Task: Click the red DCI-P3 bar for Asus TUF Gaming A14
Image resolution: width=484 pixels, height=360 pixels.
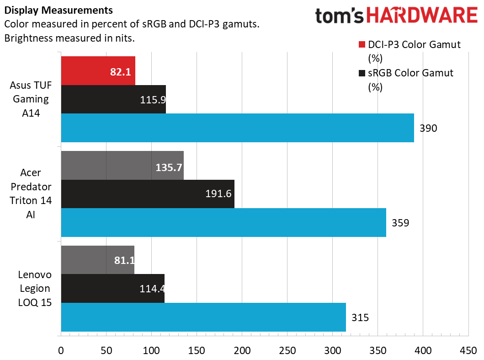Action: point(98,70)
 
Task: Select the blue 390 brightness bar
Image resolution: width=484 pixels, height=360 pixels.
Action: point(237,128)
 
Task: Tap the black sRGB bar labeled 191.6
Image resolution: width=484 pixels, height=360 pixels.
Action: point(147,194)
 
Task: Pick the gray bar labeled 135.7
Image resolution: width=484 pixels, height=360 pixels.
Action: point(122,165)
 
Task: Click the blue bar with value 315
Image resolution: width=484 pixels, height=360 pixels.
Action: point(203,317)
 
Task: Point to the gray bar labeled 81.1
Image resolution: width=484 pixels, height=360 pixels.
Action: point(97,260)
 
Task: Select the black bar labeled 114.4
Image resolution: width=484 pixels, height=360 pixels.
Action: point(112,288)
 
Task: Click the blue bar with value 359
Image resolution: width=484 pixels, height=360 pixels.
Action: point(223,222)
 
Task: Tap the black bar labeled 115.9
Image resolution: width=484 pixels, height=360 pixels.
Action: point(113,99)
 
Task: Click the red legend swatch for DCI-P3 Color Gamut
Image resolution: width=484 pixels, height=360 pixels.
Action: point(362,45)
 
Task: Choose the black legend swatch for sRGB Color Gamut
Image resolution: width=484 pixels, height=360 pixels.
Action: point(362,73)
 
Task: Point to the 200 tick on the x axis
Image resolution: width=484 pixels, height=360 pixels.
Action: point(242,350)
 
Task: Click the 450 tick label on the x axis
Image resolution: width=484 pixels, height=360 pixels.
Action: point(468,350)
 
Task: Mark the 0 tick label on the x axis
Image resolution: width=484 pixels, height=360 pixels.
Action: point(61,350)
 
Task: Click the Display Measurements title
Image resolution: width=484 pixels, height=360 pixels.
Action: point(59,10)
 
